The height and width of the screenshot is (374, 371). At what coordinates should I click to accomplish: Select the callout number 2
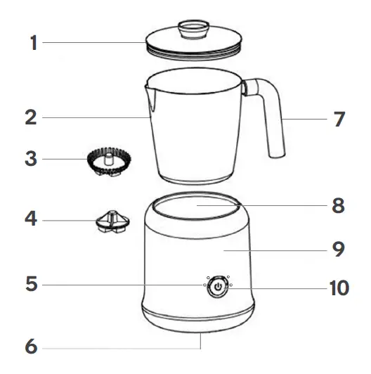[x=30, y=117]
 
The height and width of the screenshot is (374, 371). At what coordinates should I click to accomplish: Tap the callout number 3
[x=30, y=158]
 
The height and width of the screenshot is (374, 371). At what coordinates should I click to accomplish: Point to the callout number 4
[x=30, y=219]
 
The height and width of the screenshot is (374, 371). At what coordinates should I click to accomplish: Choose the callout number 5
[x=30, y=285]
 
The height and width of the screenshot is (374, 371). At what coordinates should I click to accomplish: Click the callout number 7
[x=339, y=119]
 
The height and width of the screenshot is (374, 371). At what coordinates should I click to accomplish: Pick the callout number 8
[x=339, y=207]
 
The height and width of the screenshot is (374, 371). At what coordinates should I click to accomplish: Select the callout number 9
[x=339, y=247]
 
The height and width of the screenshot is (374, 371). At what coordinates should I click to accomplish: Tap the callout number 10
[x=334, y=288]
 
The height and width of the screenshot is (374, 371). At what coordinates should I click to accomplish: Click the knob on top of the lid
[x=193, y=30]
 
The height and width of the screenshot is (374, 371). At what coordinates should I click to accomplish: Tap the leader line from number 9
[x=281, y=247]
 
